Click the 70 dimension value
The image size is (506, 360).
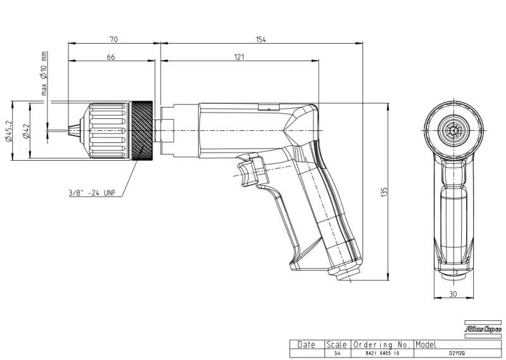(x=114, y=39)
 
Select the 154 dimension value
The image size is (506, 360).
(x=261, y=39)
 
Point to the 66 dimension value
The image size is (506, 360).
(x=111, y=58)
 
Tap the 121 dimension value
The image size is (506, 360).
(x=239, y=58)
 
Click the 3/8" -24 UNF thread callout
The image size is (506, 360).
(x=92, y=192)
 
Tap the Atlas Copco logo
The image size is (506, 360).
(x=483, y=330)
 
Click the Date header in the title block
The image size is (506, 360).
(x=306, y=345)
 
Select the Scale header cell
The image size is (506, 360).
(x=336, y=345)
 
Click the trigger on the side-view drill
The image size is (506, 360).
(x=249, y=170)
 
